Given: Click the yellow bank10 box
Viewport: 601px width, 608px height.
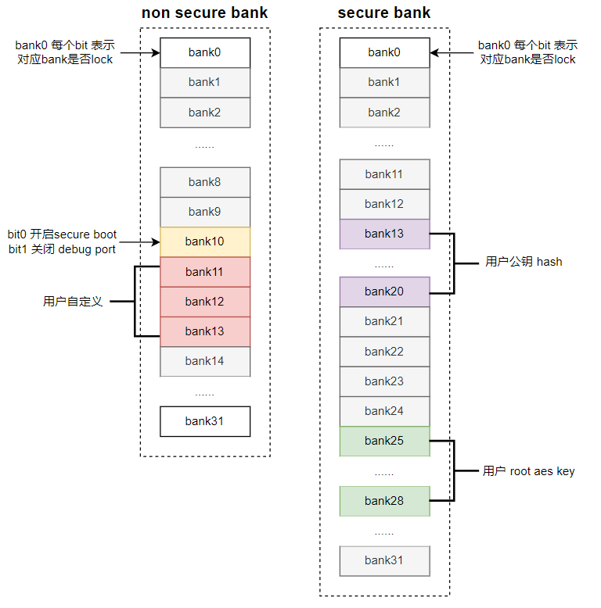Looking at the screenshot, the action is tap(205, 242).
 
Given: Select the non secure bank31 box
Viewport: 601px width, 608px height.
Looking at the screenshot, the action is tap(205, 421).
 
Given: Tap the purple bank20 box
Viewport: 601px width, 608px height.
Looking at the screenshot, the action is tap(385, 291).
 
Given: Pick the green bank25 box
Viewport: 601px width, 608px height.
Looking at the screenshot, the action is tap(385, 442).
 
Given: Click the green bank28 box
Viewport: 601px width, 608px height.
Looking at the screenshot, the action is tap(385, 501).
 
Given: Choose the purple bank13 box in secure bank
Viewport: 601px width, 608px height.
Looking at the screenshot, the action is tap(385, 234).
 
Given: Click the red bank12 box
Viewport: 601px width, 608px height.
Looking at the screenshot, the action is tap(205, 302).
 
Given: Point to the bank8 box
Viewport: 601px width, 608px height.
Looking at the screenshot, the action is tap(205, 182).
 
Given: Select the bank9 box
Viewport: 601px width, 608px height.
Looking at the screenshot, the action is tap(205, 212).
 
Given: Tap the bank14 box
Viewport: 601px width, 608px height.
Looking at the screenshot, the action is tap(205, 361).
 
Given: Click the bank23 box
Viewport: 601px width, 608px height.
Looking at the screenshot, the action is tap(385, 381).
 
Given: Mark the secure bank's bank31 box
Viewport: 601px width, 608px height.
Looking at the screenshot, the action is tap(385, 561).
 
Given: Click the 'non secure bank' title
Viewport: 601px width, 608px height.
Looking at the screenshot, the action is tap(204, 13).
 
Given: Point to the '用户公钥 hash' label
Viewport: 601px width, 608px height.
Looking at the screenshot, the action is tap(524, 262).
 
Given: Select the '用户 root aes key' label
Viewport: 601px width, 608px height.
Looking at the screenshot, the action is tap(528, 471).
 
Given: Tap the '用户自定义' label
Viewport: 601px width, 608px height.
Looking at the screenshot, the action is tap(73, 302).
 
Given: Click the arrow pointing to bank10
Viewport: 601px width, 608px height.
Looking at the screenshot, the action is tap(140, 242).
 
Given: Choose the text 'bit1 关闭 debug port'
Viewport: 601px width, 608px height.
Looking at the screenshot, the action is tap(62, 249).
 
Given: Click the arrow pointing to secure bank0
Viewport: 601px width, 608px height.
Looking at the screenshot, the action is tap(452, 52).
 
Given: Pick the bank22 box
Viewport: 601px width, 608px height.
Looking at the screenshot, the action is tap(385, 352).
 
